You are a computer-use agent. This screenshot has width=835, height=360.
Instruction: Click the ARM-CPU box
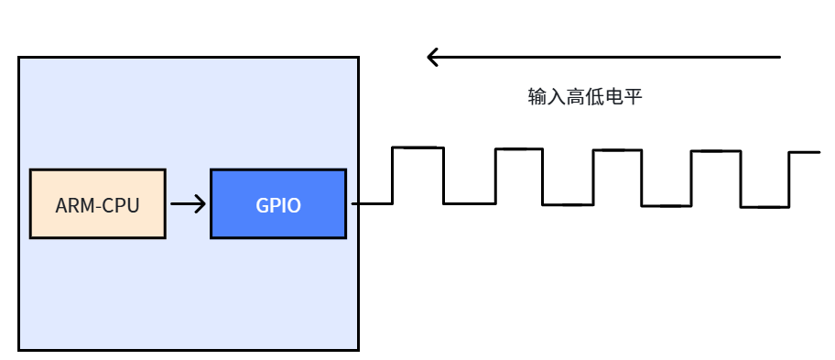tap(97, 203)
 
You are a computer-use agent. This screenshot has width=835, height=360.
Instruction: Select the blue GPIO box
tap(278, 203)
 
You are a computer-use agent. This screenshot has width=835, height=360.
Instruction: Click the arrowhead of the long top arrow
tap(432, 57)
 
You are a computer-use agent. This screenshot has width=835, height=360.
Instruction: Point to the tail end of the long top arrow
tap(780, 57)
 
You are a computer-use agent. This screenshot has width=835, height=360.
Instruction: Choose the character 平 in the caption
tap(633, 97)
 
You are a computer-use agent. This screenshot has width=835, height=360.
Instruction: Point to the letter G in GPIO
tap(262, 205)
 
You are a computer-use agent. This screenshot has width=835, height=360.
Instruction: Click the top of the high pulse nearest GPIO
tap(418, 147)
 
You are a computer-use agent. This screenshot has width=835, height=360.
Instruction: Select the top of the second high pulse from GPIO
tap(519, 149)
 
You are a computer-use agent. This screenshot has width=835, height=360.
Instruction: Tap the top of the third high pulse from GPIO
tap(617, 150)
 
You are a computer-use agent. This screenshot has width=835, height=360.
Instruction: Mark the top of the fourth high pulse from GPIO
tap(716, 151)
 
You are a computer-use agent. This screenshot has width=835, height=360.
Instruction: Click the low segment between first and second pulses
tap(470, 203)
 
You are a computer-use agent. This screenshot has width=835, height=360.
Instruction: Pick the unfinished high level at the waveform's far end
tap(805, 152)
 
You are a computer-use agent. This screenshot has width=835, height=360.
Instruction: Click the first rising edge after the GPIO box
tap(393, 175)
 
